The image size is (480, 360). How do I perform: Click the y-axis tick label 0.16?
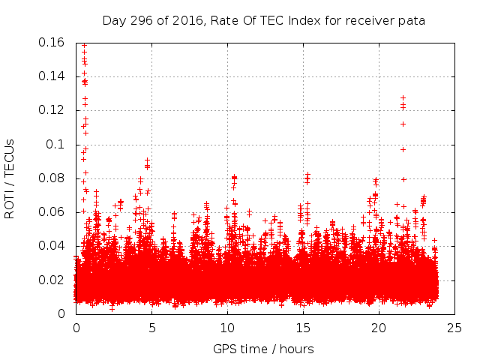pos(52,42)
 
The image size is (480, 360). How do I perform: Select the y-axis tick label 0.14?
pos(52,76)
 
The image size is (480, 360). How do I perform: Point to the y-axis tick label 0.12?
pos(52,110)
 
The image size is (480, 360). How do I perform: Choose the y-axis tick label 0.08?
pos(52,178)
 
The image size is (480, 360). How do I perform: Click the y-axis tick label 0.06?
pos(52,212)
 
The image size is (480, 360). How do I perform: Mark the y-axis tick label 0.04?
pos(52,246)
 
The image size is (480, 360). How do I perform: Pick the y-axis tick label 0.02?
pos(52,280)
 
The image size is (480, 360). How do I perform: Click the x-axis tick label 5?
pos(151,328)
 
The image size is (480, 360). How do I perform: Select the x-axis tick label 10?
pos(227,328)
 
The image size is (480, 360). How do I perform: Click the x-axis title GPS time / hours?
pos(263,349)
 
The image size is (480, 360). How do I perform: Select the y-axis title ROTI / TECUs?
pos(10,178)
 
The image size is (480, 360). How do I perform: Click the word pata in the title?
pos(411,20)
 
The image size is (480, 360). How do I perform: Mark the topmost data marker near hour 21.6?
pos(403,97)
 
